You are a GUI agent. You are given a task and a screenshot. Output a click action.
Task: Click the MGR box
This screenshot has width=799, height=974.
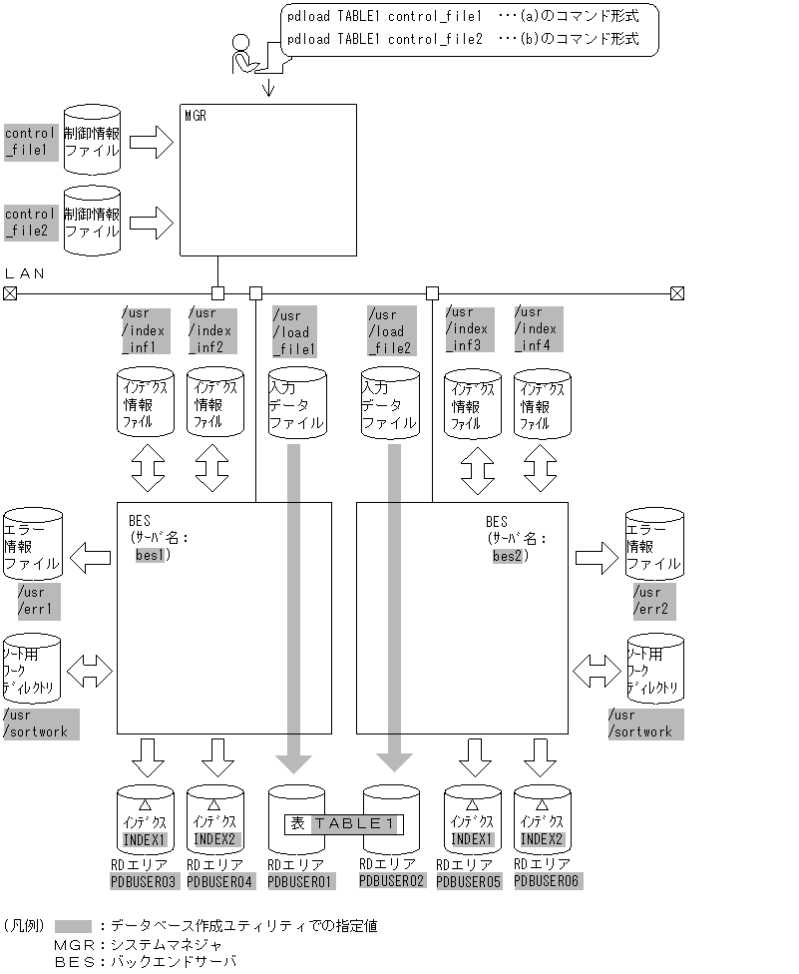tap(267, 181)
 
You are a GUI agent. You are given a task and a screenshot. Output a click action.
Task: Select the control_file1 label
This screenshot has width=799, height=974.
tap(31, 142)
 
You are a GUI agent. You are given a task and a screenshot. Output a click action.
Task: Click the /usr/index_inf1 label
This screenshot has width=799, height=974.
tap(143, 330)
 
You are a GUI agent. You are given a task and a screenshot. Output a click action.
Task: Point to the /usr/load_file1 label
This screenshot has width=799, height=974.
tap(293, 332)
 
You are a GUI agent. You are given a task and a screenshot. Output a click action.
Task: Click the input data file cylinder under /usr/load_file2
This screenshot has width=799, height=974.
tap(389, 404)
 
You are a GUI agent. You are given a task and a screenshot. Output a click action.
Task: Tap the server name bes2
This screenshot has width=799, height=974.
tap(508, 555)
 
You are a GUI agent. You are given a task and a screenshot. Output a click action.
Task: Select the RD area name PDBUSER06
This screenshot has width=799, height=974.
tap(547, 881)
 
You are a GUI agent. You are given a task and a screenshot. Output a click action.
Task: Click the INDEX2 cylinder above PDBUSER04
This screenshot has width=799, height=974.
tap(215, 819)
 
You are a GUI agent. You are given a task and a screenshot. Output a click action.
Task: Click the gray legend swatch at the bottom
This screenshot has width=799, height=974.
tap(74, 926)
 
